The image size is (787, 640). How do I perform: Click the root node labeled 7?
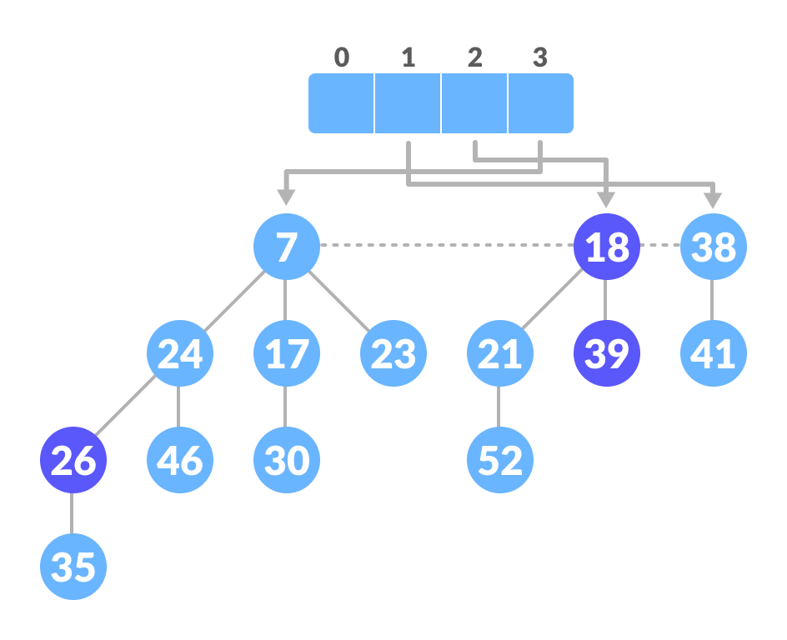(x=286, y=247)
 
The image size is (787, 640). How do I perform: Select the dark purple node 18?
(x=606, y=247)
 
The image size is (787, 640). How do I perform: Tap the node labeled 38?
(x=713, y=247)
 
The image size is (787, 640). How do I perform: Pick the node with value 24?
(x=179, y=353)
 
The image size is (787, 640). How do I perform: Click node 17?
(x=286, y=353)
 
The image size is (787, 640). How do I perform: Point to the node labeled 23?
(x=393, y=353)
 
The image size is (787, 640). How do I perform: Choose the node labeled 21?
(x=499, y=353)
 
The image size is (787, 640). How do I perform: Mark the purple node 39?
(x=606, y=353)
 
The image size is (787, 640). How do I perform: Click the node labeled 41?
(x=713, y=353)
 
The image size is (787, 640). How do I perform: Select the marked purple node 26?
(x=73, y=460)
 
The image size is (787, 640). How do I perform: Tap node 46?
(x=179, y=460)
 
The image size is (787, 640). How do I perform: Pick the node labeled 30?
(x=286, y=460)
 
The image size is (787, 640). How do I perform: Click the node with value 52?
(x=499, y=460)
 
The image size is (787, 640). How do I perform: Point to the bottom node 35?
(x=73, y=567)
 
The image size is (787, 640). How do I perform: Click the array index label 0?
(x=341, y=57)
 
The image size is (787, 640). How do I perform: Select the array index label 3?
(x=540, y=57)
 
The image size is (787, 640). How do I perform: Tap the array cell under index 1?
(x=408, y=103)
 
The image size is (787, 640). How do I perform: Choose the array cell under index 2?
(x=474, y=103)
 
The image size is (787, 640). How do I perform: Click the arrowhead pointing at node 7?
(x=286, y=197)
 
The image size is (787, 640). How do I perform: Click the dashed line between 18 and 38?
(x=660, y=246)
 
